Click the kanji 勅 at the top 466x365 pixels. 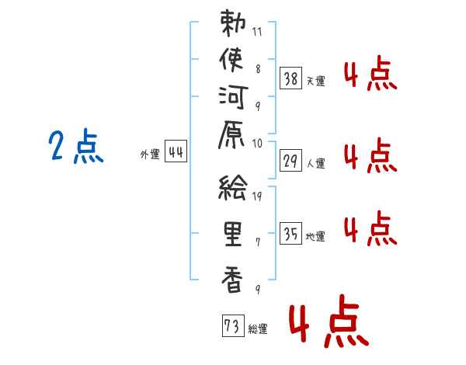[x=233, y=23]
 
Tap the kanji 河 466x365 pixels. [x=233, y=97]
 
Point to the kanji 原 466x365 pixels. [x=231, y=134]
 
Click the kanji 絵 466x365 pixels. [x=233, y=187]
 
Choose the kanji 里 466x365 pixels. [x=233, y=235]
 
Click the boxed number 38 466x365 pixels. [x=290, y=78]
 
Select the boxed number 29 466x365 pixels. [x=290, y=161]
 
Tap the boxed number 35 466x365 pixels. [x=290, y=233]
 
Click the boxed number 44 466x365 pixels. [x=176, y=151]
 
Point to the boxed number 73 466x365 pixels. [x=233, y=325]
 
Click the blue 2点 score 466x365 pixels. [x=76, y=146]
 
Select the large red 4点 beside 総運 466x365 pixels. [x=329, y=322]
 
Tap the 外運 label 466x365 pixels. [x=150, y=155]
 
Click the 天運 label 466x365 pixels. [x=316, y=81]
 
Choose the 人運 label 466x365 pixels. [x=316, y=163]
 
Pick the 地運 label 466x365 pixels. [x=315, y=237]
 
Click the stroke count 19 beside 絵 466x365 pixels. [x=257, y=196]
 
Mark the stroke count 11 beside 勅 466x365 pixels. [x=257, y=32]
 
